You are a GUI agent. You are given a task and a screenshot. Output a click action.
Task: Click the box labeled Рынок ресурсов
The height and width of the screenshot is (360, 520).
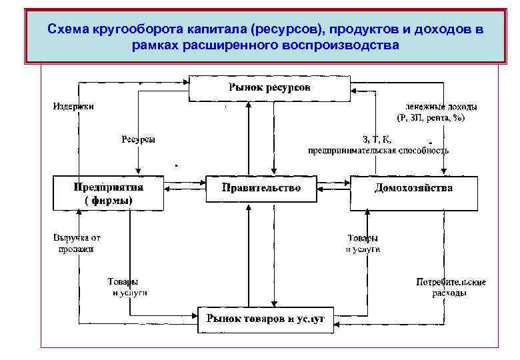pyautogui.click(x=269, y=88)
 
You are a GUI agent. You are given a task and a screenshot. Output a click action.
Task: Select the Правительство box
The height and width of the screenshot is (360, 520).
pyautogui.click(x=261, y=188)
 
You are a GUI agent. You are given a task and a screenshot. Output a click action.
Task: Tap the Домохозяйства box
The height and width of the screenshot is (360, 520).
pyautogui.click(x=413, y=188)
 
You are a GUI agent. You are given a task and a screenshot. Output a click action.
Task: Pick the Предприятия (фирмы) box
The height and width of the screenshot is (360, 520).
pyautogui.click(x=108, y=193)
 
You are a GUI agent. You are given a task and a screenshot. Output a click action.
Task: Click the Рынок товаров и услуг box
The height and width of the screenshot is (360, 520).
pyautogui.click(x=265, y=319)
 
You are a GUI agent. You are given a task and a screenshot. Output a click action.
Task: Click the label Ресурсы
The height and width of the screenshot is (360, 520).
pyautogui.click(x=138, y=139)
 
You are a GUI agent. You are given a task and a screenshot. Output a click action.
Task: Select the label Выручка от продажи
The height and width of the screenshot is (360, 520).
pyautogui.click(x=77, y=243)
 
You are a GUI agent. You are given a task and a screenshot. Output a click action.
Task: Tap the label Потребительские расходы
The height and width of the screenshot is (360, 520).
pyautogui.click(x=451, y=287)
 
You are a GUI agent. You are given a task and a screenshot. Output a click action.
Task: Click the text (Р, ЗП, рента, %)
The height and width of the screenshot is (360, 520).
pyautogui.click(x=431, y=118)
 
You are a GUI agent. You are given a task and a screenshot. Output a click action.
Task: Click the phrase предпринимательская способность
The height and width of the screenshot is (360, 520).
pyautogui.click(x=378, y=151)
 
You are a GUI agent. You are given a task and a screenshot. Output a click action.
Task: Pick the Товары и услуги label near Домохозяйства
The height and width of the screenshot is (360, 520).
pyautogui.click(x=363, y=243)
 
